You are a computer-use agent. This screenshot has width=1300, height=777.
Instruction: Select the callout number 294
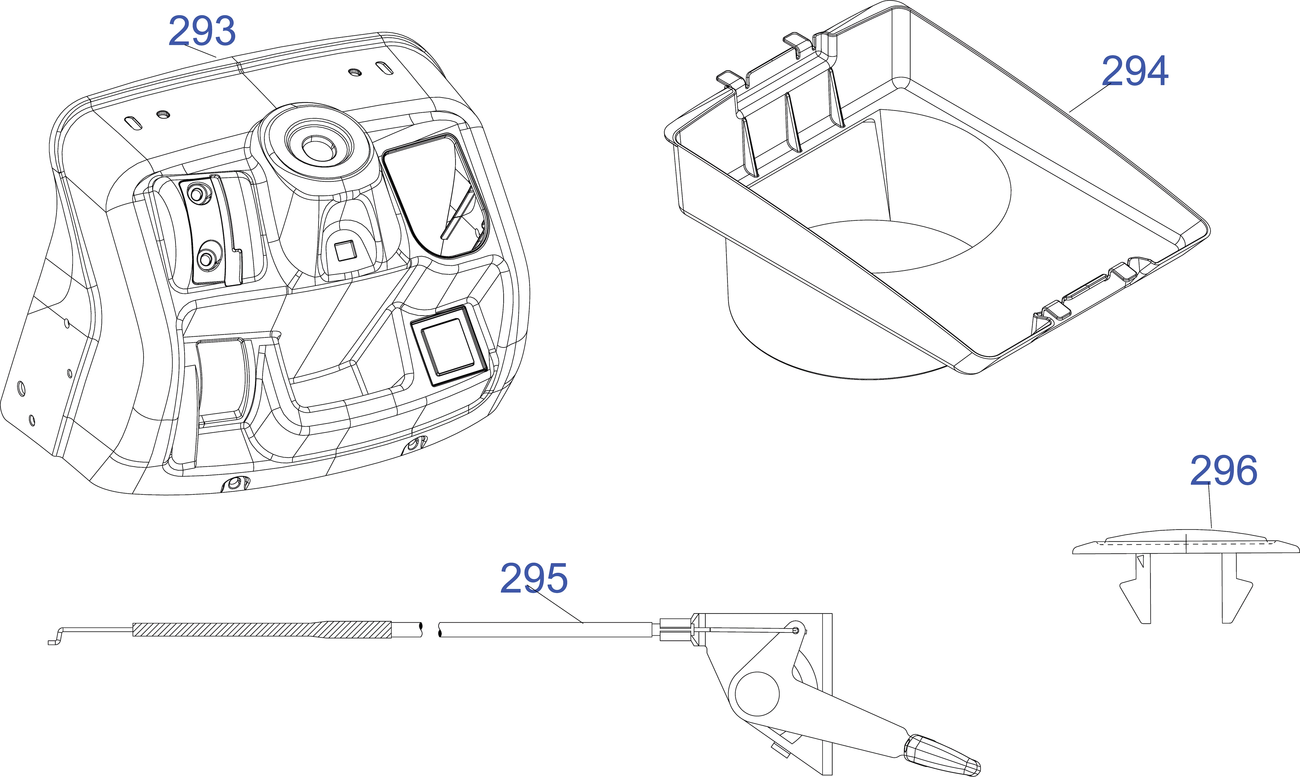pyautogui.click(x=1135, y=71)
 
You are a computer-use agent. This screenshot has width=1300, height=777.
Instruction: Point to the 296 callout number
pyautogui.click(x=1224, y=470)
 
